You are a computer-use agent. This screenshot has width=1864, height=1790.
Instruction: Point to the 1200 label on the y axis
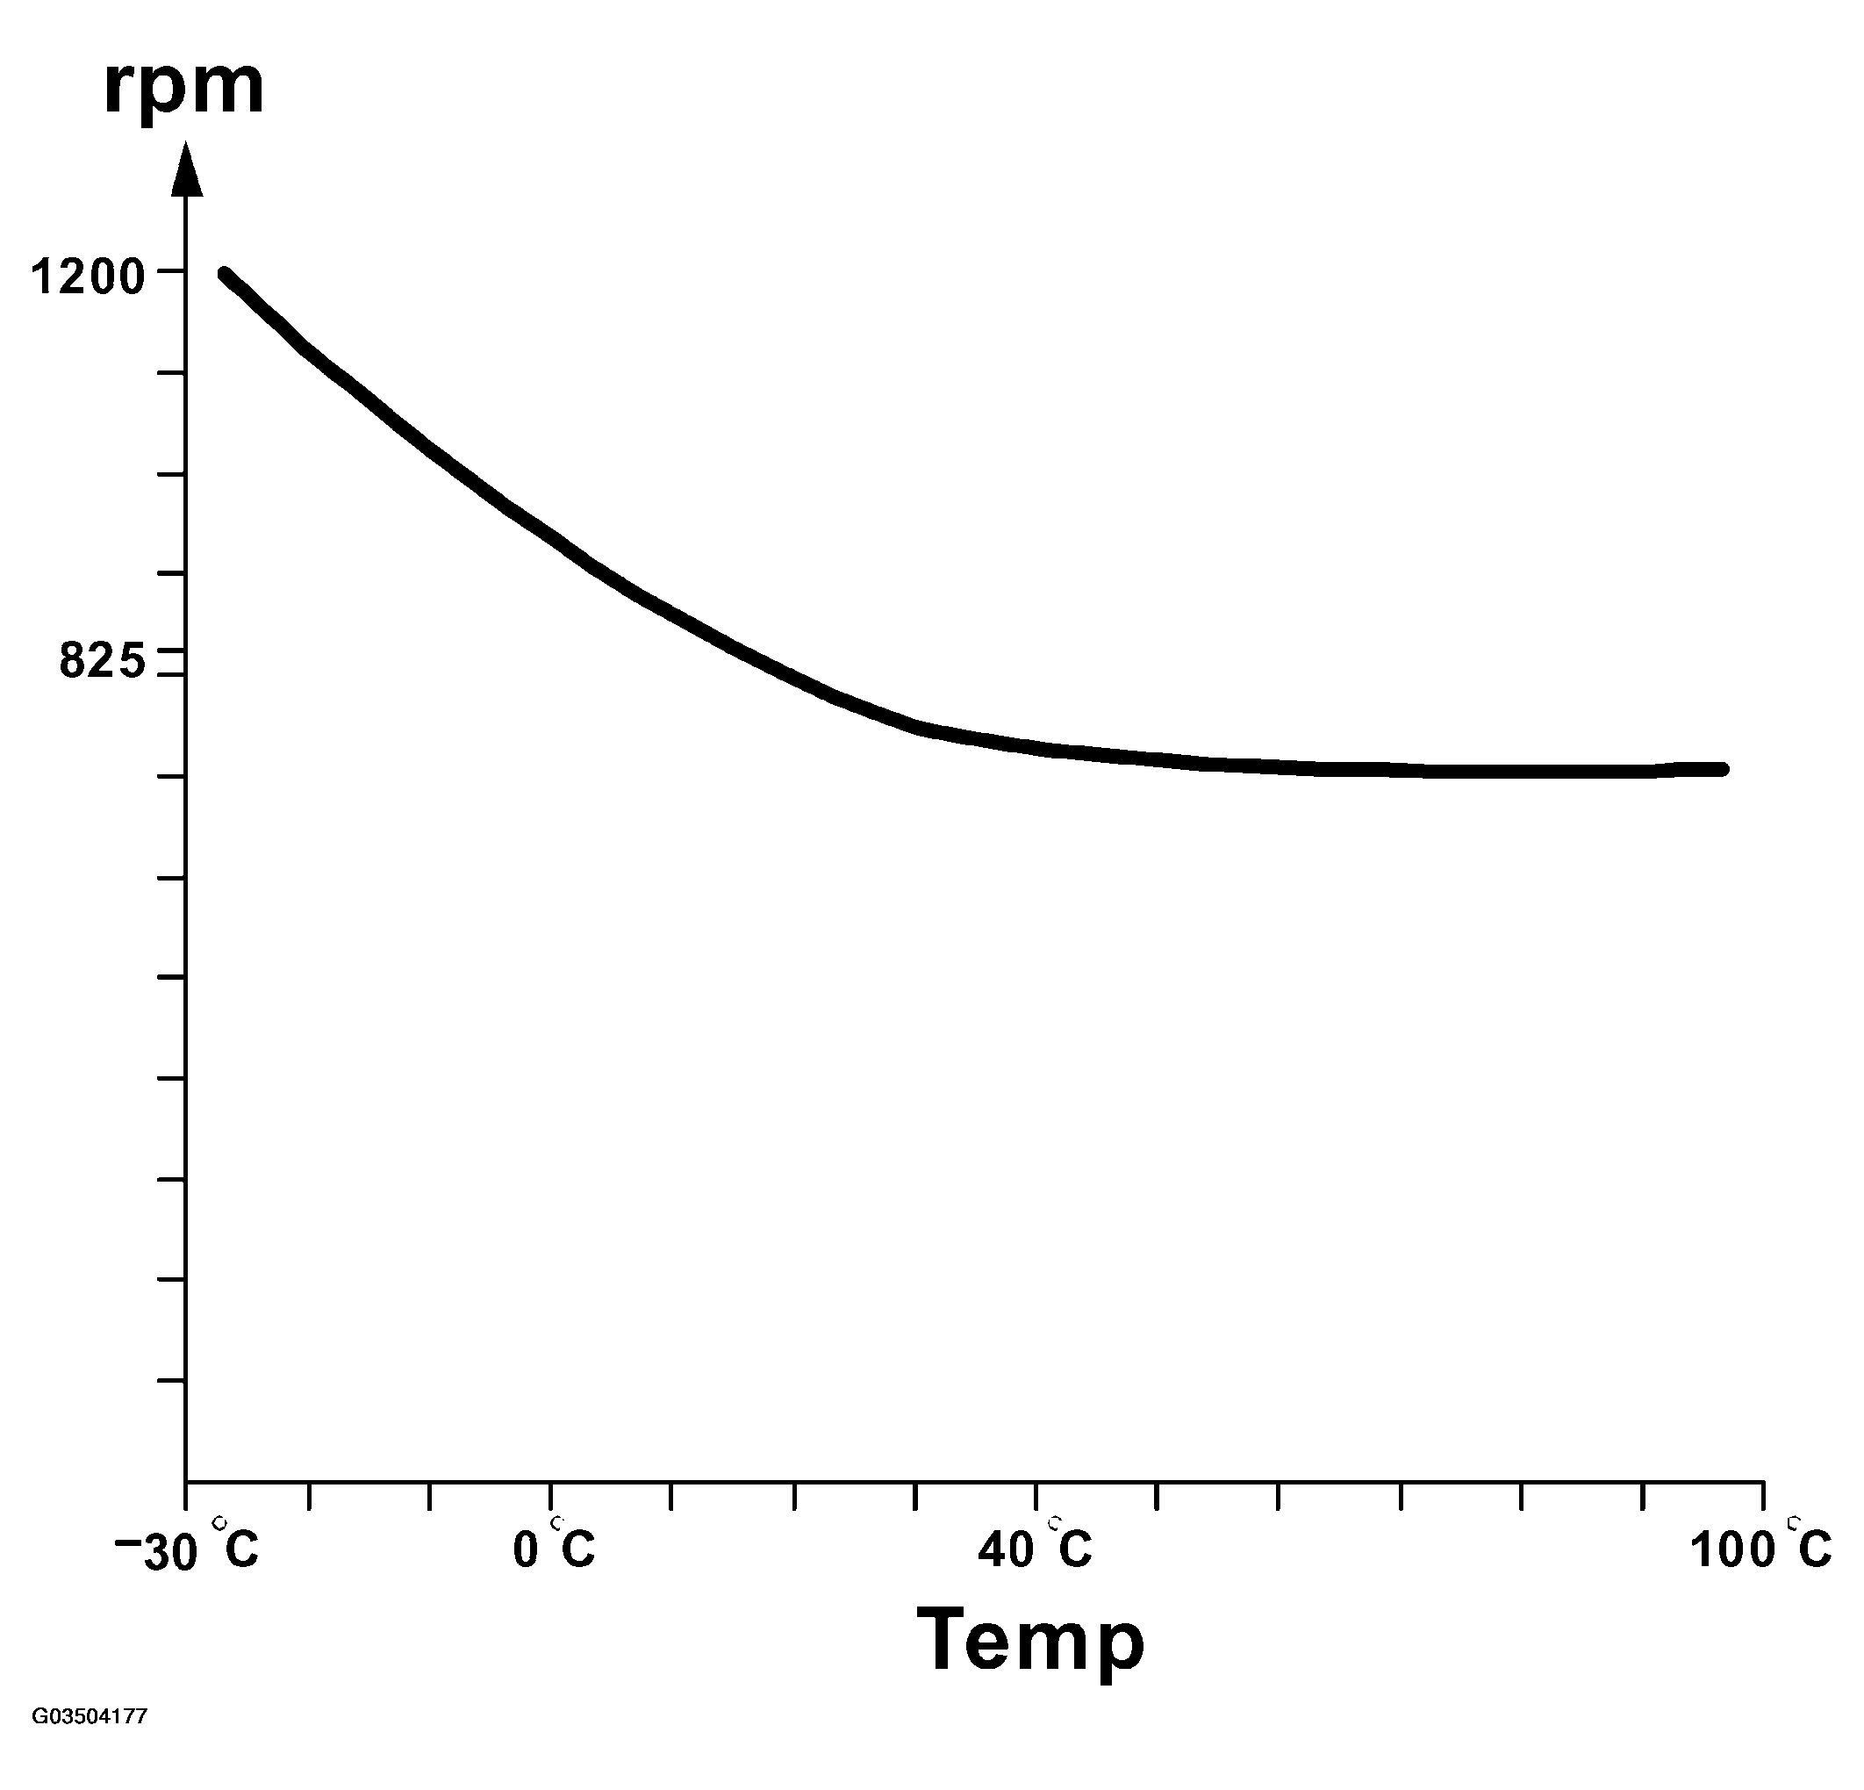tap(88, 277)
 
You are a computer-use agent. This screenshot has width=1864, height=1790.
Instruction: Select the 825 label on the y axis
tap(103, 660)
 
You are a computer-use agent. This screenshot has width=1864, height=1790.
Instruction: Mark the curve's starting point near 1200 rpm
tap(226, 275)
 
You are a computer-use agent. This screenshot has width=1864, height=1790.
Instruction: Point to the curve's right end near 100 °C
tap(1721, 768)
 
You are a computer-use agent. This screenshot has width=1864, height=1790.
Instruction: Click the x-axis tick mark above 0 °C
tap(550, 1494)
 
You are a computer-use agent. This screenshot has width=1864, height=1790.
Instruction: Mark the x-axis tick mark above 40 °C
tap(1036, 1494)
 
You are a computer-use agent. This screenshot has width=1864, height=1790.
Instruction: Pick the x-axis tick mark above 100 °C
tap(1763, 1494)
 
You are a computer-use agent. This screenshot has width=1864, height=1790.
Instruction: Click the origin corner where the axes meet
tap(186, 1481)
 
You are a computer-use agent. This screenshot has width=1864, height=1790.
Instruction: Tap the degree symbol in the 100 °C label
tap(1793, 1523)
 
